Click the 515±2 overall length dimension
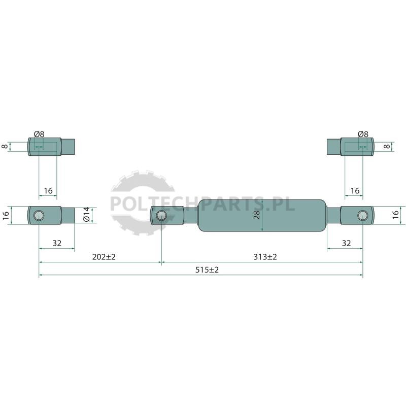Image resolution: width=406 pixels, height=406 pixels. [207, 270]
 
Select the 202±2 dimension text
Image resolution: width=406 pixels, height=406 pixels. [104, 257]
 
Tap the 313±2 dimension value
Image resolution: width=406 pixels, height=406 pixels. [265, 257]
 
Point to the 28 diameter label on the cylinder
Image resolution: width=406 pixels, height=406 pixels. [256, 215]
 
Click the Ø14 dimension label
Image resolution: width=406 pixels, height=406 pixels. [86, 214]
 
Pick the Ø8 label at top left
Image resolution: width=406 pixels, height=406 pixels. [39, 134]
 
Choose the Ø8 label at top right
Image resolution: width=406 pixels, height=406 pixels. [363, 134]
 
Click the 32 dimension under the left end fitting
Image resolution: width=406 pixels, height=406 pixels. [57, 243]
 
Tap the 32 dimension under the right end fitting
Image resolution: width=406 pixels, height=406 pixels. [347, 243]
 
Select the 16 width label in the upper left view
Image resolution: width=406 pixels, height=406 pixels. [48, 191]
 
